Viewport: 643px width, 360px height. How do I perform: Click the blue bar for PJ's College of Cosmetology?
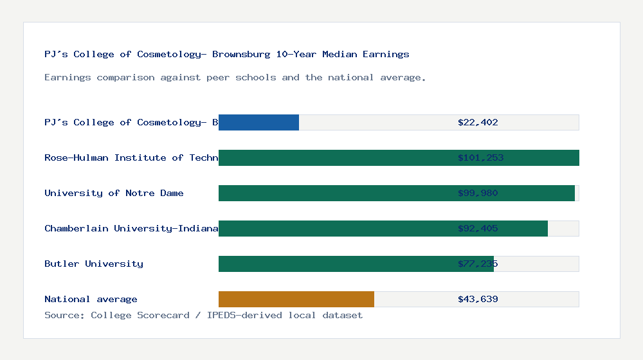(258, 122)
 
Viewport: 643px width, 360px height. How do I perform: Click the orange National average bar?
(296, 299)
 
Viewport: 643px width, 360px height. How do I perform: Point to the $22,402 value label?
(478, 122)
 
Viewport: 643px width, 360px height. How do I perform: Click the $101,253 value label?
(480, 157)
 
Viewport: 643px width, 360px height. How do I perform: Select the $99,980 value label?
(478, 193)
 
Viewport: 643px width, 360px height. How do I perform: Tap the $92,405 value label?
(478, 228)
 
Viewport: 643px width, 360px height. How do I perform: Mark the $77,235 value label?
(478, 264)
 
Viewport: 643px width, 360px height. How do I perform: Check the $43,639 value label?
(478, 299)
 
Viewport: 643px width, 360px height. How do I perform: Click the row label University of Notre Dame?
(114, 193)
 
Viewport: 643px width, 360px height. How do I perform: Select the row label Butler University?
(94, 264)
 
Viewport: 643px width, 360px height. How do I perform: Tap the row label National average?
(91, 299)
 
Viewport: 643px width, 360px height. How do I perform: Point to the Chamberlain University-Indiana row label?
(131, 228)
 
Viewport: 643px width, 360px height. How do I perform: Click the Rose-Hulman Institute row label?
(131, 157)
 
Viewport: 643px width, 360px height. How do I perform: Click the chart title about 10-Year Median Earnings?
(226, 54)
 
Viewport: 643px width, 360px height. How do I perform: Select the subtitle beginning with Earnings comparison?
(235, 77)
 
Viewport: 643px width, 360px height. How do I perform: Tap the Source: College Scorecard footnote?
(203, 315)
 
